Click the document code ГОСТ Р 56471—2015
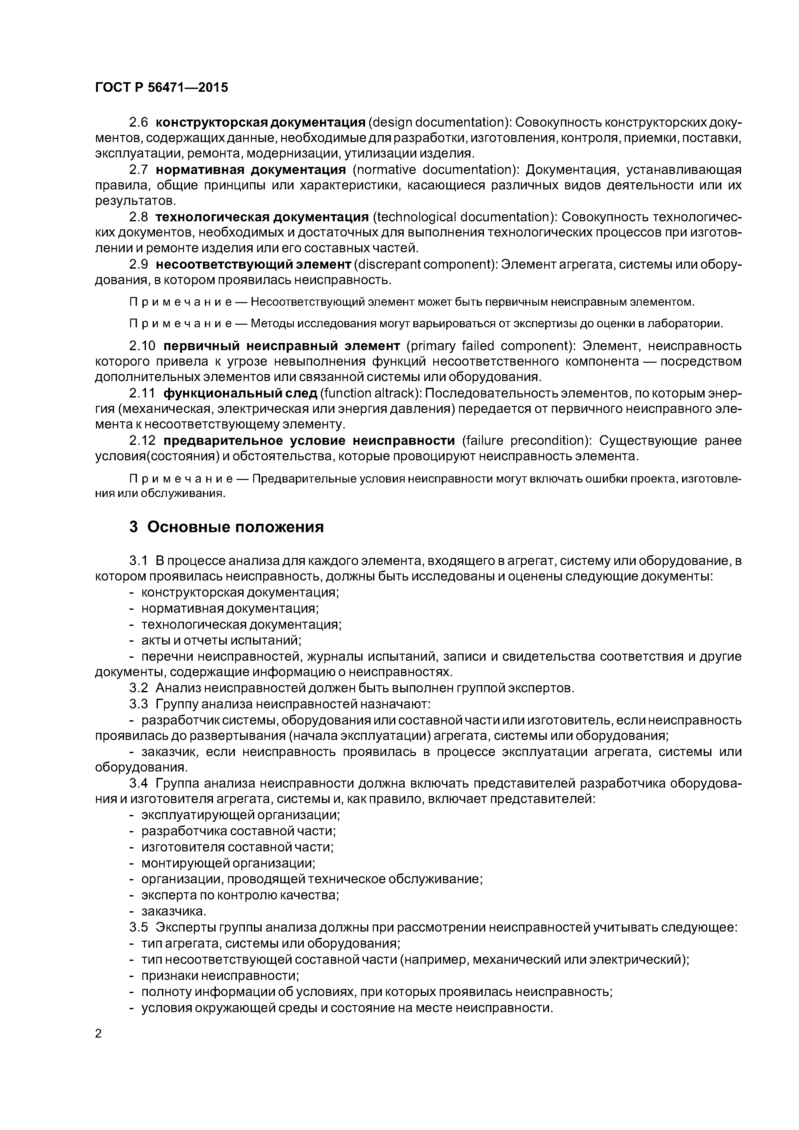click(161, 88)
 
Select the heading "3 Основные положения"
click(226, 527)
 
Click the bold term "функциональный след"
click(240, 393)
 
